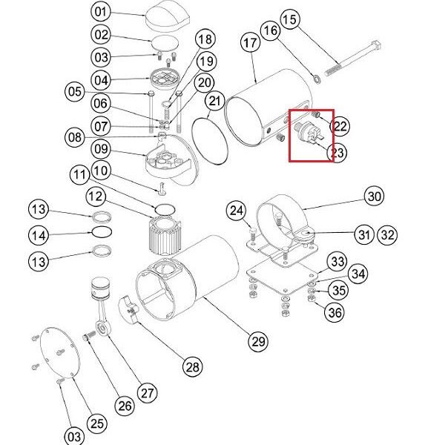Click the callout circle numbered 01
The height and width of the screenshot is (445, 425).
coord(100,12)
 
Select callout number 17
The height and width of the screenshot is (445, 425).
coord(250,43)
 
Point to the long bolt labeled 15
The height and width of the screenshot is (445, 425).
coord(352,59)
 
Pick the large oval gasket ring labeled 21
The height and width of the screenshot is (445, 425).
coord(210,141)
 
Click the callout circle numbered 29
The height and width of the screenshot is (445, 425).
coord(258,341)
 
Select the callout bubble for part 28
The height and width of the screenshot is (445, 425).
coord(193,366)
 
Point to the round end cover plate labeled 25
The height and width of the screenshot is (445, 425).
coord(60,353)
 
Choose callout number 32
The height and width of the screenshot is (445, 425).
coord(387,234)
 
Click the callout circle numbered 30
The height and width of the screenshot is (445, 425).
coord(374,196)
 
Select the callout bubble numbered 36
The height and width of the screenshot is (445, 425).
coord(335,312)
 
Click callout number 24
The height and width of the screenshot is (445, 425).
coord(236,211)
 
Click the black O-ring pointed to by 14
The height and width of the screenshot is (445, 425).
coord(102,232)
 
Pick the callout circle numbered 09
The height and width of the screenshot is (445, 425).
coord(100,149)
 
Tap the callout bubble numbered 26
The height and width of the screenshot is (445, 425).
coord(125,406)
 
